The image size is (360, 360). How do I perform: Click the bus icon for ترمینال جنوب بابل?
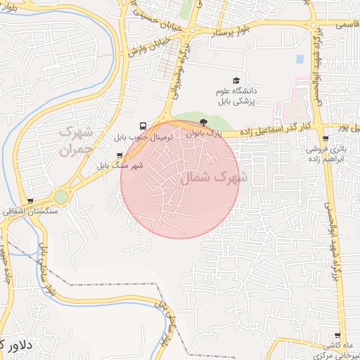click(144, 124)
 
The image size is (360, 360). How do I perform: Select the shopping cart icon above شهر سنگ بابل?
click(119, 155)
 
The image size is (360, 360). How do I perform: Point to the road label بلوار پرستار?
click(224, 33)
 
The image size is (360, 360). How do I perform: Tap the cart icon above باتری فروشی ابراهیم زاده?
click(324, 139)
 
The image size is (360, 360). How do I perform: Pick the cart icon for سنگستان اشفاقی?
click(30, 201)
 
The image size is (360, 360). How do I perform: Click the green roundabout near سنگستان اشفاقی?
click(61, 197)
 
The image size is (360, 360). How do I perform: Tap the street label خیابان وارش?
click(144, 49)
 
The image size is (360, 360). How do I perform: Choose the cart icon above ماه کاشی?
click(338, 336)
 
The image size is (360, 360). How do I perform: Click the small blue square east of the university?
click(300, 59)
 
